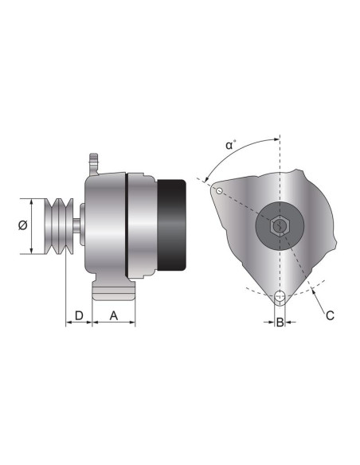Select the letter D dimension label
pos(78,316)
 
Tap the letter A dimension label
pos(113,316)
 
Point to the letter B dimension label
pos(280,322)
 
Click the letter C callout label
pos(330,315)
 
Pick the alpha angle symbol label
pos(229,145)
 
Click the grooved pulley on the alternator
pos(58,226)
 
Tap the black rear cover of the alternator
pos(172,225)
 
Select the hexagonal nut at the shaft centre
pos(279,225)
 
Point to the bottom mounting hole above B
pos(280,298)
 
